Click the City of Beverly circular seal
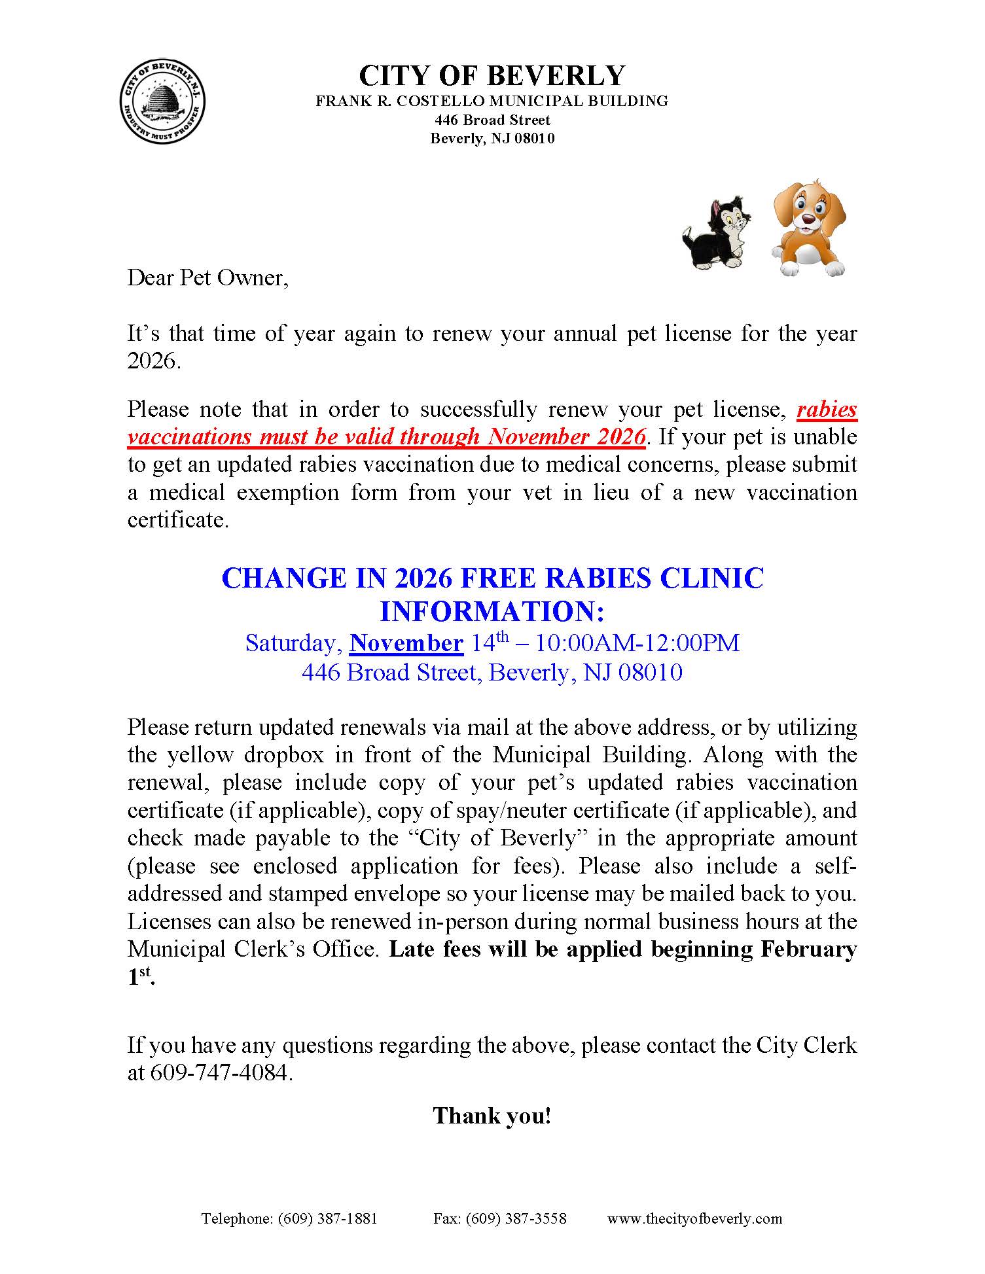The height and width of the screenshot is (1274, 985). [x=162, y=104]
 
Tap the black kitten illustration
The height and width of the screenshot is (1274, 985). [x=717, y=232]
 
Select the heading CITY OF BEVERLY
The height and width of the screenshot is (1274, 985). [x=492, y=76]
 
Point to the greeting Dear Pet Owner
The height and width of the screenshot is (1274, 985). [x=207, y=277]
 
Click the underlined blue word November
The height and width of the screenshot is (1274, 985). [x=406, y=643]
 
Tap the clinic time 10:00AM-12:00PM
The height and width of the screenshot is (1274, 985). [x=637, y=643]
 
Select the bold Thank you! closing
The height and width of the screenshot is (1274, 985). [x=492, y=1116]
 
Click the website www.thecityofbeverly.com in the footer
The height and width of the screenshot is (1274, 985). [x=694, y=1218]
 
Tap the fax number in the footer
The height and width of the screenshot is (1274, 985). [x=500, y=1218]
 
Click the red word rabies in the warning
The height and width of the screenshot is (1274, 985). [x=827, y=409]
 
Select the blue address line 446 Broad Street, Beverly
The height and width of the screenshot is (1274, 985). [x=492, y=672]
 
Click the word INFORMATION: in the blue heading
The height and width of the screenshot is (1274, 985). [x=492, y=612]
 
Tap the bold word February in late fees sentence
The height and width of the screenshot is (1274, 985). [x=808, y=949]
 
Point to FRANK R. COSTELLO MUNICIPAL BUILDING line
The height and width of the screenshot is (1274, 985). [x=492, y=101]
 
